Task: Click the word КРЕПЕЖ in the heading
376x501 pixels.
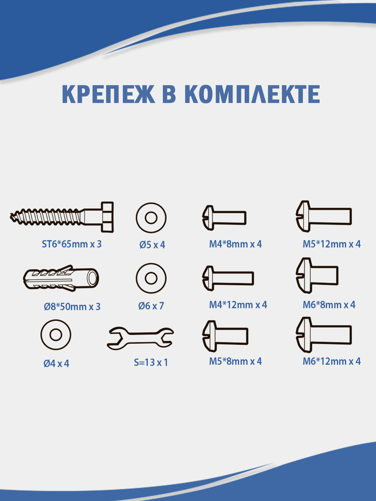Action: click(x=108, y=94)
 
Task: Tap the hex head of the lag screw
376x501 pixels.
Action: click(x=107, y=217)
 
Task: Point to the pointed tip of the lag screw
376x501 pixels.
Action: click(x=10, y=215)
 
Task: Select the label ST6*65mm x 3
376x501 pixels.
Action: click(x=72, y=244)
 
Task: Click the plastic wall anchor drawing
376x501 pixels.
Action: click(x=61, y=278)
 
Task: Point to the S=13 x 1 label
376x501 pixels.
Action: click(x=151, y=363)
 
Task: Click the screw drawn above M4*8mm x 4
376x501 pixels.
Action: click(x=224, y=218)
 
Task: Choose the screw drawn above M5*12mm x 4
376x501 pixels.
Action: click(x=323, y=216)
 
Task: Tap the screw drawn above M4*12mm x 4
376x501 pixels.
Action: click(x=228, y=278)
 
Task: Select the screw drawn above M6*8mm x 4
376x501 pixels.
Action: click(x=317, y=276)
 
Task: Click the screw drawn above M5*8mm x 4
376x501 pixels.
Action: click(x=225, y=336)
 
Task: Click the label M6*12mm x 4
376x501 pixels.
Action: click(x=332, y=361)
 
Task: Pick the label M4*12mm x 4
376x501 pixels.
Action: click(x=238, y=305)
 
